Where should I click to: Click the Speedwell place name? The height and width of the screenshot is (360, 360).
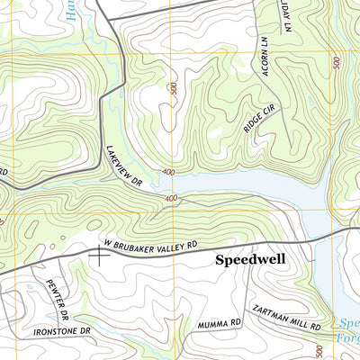249,260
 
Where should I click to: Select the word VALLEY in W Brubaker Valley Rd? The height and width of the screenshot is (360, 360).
175,245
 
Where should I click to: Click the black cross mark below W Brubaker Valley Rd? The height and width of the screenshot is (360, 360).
98,255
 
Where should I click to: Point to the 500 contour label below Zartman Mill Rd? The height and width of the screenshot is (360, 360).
319,348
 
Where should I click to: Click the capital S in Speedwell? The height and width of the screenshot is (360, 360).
220,260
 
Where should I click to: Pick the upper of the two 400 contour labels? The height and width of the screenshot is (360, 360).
167,172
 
